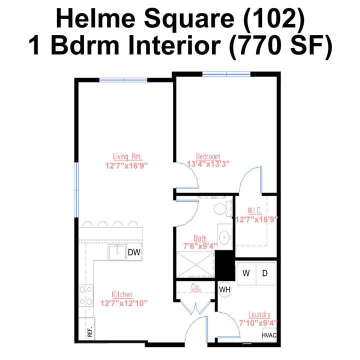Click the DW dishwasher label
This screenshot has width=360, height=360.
point(134,252)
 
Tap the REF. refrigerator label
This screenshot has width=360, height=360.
point(90,331)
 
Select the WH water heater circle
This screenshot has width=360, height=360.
point(224,289)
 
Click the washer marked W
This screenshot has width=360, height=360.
point(246,273)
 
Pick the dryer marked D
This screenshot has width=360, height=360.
point(265,273)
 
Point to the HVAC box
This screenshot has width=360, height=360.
point(269,335)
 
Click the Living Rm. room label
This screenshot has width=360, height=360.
point(128,156)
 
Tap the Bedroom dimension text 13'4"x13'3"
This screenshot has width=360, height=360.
point(208,164)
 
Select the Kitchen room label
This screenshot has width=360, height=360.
point(122,294)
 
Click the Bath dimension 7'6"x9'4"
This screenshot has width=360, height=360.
point(200,246)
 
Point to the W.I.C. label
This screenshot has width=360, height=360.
point(254,210)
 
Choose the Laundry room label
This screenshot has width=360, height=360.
point(259,315)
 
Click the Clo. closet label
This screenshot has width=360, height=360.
point(196,287)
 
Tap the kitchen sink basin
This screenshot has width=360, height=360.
point(117,252)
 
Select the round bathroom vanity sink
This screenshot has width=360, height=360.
point(223,237)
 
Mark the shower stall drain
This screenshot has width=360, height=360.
point(196,264)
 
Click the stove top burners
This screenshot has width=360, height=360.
point(86,295)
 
